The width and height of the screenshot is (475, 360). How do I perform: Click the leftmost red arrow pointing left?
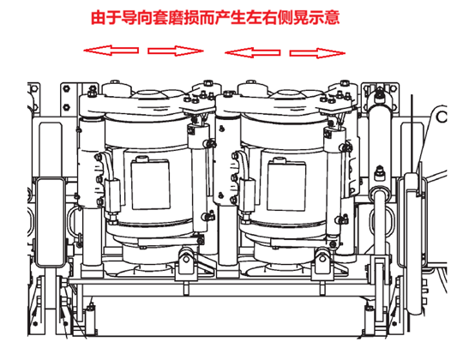click(x=111, y=51)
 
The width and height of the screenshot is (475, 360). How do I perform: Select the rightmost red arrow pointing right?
click(x=317, y=53)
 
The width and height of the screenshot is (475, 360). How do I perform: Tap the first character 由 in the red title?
click(x=99, y=17)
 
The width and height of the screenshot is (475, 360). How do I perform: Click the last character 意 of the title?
click(x=332, y=17)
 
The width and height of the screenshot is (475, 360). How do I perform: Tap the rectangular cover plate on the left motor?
click(x=151, y=184)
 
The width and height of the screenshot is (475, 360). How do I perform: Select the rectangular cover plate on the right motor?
click(x=286, y=185)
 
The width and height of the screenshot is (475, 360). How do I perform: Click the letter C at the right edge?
click(x=442, y=117)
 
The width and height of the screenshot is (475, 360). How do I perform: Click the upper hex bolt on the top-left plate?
click(x=66, y=88)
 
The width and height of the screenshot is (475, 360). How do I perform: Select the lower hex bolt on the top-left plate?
click(x=66, y=107)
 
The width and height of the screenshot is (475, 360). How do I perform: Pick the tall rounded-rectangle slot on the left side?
click(x=51, y=223)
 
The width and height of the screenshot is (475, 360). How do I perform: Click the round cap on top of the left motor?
click(x=117, y=87)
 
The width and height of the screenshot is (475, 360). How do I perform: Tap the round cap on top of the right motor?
click(x=253, y=87)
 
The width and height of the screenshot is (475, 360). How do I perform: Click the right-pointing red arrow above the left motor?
click(x=176, y=51)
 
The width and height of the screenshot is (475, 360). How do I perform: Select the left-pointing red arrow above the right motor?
click(x=252, y=52)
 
